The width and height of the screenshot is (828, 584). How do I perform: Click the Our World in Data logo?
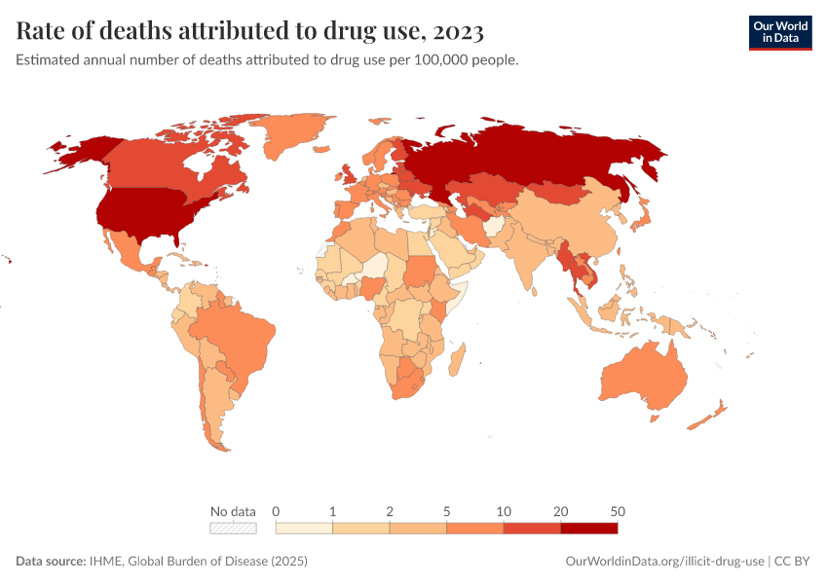pyautogui.click(x=779, y=32)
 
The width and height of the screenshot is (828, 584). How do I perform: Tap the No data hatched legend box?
pyautogui.click(x=233, y=528)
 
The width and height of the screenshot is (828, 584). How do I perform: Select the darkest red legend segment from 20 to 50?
pyautogui.click(x=588, y=528)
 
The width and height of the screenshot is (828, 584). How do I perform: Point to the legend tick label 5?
pyautogui.click(x=447, y=511)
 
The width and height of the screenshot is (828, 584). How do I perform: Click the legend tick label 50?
pyautogui.click(x=617, y=511)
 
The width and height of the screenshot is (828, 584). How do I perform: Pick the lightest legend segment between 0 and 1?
pyautogui.click(x=305, y=528)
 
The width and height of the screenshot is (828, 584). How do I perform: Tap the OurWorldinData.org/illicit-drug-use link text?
pyautogui.click(x=664, y=562)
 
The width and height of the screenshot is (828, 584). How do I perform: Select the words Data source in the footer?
pyautogui.click(x=50, y=562)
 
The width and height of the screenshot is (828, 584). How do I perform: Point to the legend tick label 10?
pyautogui.click(x=504, y=511)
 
